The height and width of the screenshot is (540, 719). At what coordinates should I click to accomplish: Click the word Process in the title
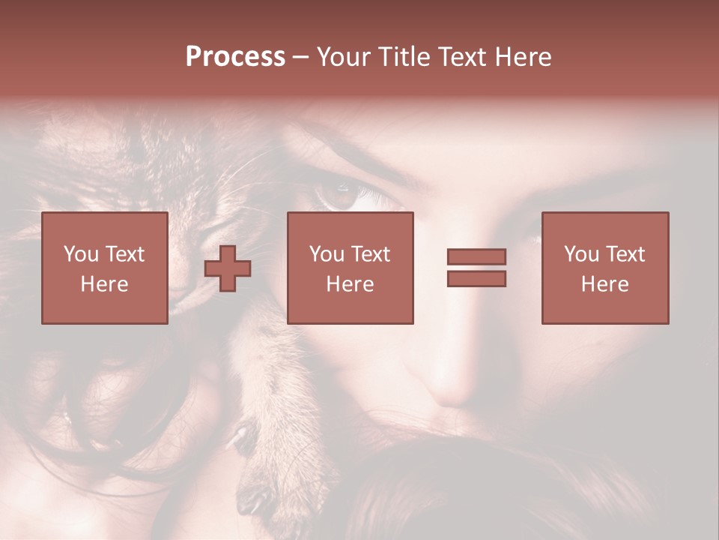235,57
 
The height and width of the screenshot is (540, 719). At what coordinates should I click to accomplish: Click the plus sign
228,268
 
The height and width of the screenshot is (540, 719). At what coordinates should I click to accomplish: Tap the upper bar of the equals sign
476,256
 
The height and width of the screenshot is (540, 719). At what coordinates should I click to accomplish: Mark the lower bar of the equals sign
476,279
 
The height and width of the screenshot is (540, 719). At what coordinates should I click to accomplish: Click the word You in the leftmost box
81,254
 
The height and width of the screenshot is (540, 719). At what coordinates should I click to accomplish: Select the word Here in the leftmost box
104,284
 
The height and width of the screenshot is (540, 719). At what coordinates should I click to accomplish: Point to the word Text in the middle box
370,254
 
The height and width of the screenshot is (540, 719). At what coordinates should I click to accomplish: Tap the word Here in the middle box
350,284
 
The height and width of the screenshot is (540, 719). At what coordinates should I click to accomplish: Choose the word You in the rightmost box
581,254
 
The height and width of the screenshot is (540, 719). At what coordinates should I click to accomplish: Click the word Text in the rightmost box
625,254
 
